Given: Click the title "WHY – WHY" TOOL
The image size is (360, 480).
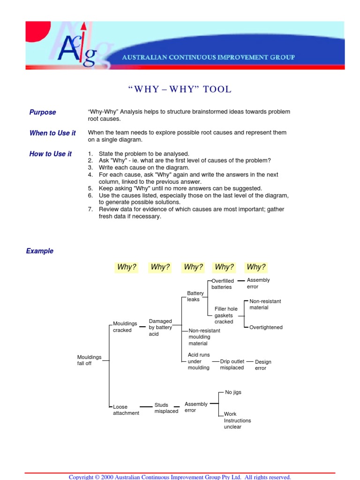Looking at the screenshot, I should [180, 89].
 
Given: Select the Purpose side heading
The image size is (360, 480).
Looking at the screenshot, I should [43, 112].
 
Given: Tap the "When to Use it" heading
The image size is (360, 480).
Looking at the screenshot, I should [52, 133].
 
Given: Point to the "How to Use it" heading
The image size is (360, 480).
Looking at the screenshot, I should [51, 154].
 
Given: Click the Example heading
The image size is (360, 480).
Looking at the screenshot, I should [40, 251].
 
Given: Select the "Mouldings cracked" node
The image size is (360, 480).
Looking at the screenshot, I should [125, 327].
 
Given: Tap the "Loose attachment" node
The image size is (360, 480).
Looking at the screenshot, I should [126, 410].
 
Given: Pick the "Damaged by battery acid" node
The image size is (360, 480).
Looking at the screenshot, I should [160, 328].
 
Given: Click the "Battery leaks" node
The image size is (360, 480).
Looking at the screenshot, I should [195, 296].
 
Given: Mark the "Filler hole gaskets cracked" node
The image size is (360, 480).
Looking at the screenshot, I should [226, 315].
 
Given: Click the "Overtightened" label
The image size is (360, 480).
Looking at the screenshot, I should [266, 327].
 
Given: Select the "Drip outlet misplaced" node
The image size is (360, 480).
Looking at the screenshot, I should [232, 365].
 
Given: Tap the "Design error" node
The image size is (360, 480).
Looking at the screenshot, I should [263, 365].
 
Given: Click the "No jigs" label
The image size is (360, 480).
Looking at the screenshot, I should [233, 392].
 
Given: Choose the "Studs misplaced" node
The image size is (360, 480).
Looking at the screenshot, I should [166, 408].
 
